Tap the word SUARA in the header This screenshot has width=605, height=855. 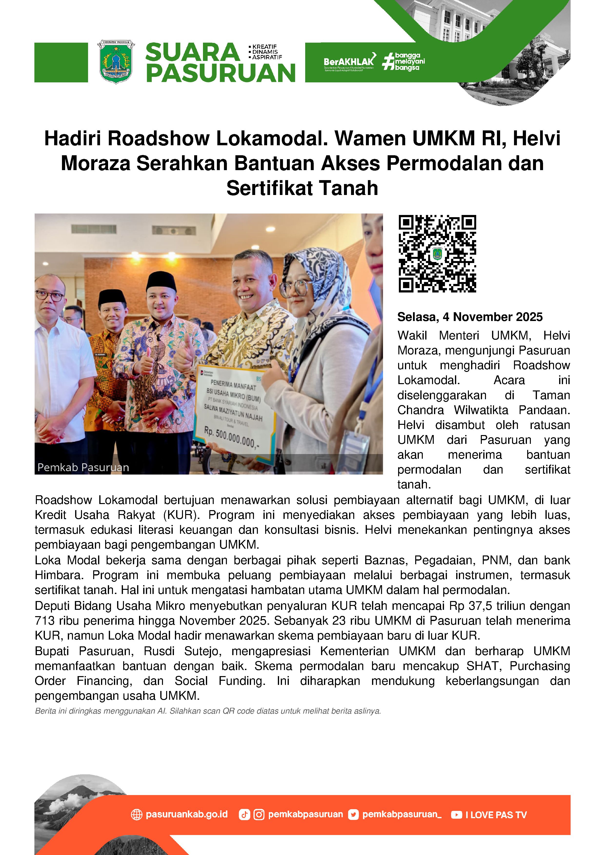pyautogui.click(x=192, y=52)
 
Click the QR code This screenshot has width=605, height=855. pyautogui.click(x=437, y=253)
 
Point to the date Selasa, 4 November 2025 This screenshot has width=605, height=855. pyautogui.click(x=470, y=317)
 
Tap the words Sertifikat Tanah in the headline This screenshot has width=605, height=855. pyautogui.click(x=302, y=188)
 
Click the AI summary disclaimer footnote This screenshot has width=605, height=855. pyautogui.click(x=208, y=711)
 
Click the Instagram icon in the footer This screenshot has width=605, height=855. pyautogui.click(x=259, y=815)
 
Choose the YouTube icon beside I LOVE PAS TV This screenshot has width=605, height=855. pyautogui.click(x=456, y=815)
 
